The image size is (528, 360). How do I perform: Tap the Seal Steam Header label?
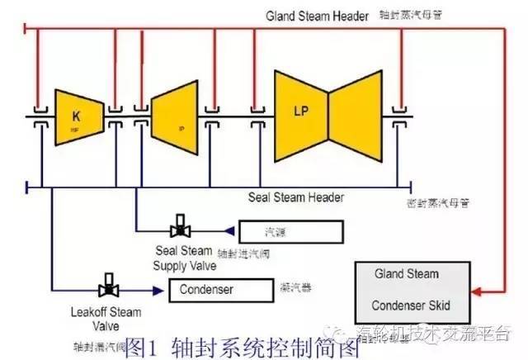pos(296,197)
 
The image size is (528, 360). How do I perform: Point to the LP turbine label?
pos(301,110)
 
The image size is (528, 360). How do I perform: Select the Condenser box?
pos(221,290)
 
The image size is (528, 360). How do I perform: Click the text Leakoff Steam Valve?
pos(106,319)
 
